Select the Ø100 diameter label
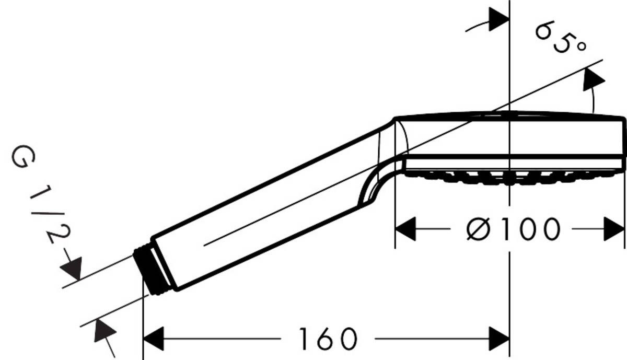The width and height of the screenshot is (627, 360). point(512,229)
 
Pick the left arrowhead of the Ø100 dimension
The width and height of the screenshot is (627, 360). point(405,229)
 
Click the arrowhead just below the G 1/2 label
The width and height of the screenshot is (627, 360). point(72,268)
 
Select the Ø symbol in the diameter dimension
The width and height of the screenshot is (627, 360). point(477,229)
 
